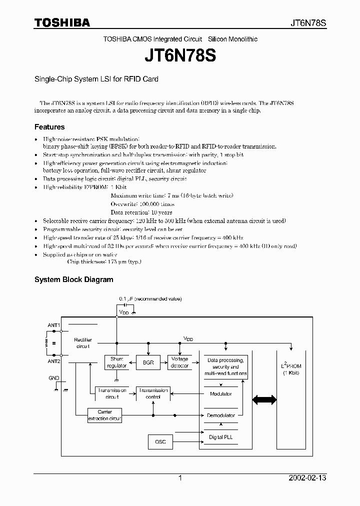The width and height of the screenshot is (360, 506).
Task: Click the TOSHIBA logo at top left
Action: (62, 22)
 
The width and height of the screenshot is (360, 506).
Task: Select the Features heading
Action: (49, 127)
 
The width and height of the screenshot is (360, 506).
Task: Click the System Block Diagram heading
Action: (73, 279)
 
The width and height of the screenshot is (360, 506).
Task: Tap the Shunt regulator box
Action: (116, 362)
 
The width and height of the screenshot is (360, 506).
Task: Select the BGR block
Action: (147, 362)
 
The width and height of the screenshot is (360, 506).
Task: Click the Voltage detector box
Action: (179, 362)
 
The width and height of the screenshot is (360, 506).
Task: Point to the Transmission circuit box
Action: (112, 393)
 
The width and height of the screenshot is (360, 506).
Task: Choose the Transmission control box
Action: (153, 393)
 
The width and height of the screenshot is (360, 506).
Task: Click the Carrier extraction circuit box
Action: (104, 415)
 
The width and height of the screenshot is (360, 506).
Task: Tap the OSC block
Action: (160, 442)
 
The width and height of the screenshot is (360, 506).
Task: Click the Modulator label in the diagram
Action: (220, 394)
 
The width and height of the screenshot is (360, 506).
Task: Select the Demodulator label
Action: (220, 415)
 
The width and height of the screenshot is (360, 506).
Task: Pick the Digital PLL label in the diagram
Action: (220, 437)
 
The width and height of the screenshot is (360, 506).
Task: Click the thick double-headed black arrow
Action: (264, 399)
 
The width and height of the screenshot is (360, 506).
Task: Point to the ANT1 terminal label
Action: (53, 325)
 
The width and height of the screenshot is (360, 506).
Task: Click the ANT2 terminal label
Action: (53, 360)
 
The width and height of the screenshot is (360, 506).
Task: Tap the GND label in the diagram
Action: (53, 378)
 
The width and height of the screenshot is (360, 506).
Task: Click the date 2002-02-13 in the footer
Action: (307, 478)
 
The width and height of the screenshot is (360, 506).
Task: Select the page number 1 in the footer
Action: (180, 478)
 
